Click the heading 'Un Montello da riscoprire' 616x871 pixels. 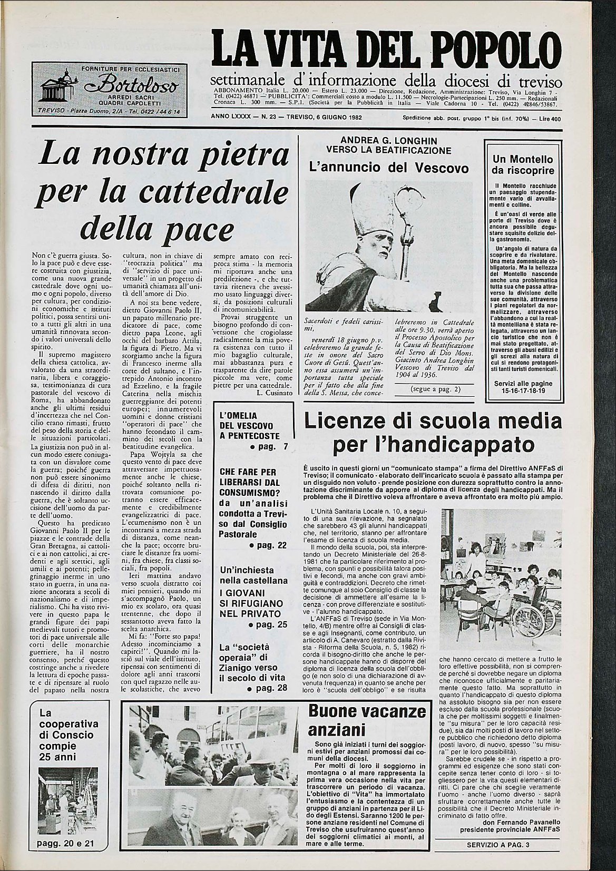pos(523,165)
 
